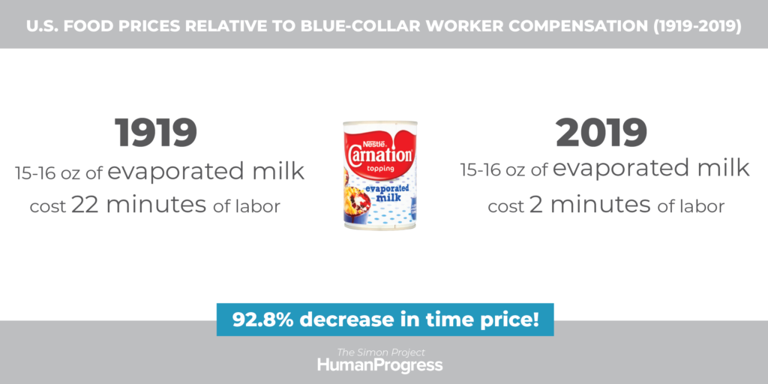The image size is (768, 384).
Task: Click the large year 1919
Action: (156, 133)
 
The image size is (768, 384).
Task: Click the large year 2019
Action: (601, 133)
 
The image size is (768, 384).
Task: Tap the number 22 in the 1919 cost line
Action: (85, 205)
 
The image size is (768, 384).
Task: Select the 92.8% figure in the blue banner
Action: (262, 319)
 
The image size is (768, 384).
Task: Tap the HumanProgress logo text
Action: (380, 365)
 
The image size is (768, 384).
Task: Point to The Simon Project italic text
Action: (380, 352)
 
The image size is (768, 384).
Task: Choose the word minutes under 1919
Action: (156, 205)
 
